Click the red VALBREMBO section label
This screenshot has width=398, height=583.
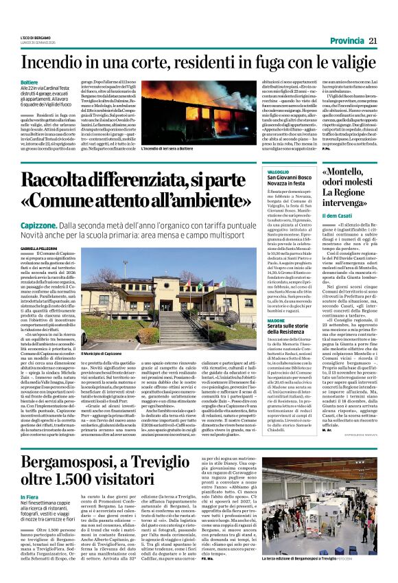(278, 171)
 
